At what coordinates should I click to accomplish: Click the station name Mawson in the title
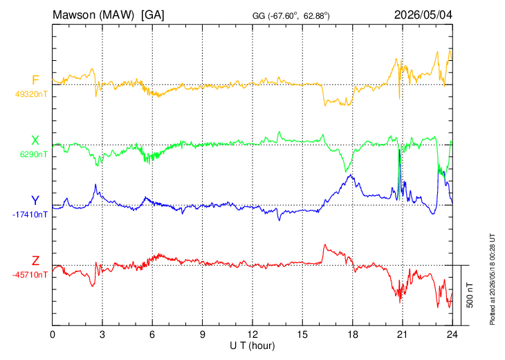pos(74,15)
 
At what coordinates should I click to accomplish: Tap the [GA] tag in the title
pos(153,15)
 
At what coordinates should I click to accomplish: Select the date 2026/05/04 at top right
pos(423,15)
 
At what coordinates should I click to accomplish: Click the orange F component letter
pos(35,80)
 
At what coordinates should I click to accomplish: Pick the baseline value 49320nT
pos(31,94)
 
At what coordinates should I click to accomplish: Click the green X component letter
pos(35,141)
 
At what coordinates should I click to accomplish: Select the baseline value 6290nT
pos(33,154)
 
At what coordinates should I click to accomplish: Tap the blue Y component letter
pos(35,201)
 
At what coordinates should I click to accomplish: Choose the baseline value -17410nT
pos(30,215)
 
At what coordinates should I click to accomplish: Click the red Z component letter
pos(35,260)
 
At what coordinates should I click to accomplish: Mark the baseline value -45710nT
pos(30,275)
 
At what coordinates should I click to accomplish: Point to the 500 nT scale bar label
pos(470,295)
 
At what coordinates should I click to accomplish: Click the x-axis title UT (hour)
pos(252,346)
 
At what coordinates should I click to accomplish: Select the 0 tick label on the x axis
pos(53,334)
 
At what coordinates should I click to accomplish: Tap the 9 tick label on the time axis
pos(202,334)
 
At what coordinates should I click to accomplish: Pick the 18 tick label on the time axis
pos(352,334)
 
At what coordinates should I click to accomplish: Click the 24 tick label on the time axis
pos(452,334)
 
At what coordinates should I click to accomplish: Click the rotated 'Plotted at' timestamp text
pos(492,279)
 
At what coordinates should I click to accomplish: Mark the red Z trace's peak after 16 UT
pos(325,244)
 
